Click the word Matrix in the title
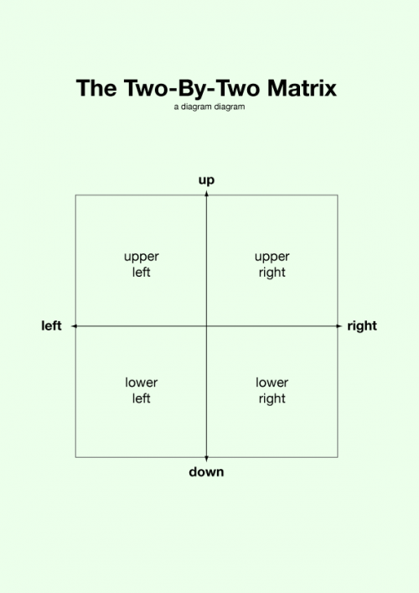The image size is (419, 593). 302,88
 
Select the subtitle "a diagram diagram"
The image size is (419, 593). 209,107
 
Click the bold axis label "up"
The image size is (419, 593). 206,180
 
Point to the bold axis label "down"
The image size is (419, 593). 206,471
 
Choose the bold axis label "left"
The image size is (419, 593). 51,325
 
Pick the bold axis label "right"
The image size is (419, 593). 362,326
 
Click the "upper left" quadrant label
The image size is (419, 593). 142,264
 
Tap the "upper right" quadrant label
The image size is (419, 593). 272,264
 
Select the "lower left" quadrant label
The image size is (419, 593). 142,390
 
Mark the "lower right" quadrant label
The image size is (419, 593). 272,391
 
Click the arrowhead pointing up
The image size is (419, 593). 206,194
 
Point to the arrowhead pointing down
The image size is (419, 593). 206,459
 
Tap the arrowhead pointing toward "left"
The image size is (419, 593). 75,326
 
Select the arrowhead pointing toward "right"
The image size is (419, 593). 339,326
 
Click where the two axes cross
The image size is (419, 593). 206,326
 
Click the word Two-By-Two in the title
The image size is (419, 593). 192,89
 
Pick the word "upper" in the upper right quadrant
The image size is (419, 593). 272,257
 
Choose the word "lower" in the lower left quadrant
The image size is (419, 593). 142,382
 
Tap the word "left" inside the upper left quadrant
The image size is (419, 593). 142,272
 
